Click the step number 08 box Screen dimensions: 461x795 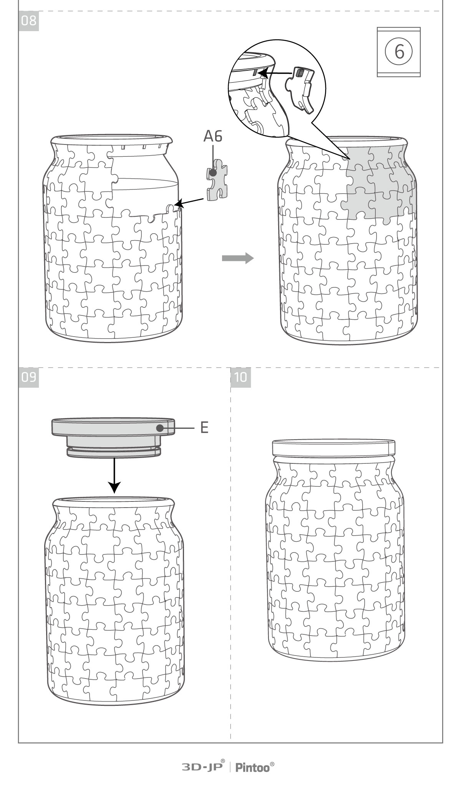coord(28,21)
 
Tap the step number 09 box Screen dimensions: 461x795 coord(28,377)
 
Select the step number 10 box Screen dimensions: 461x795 coord(241,377)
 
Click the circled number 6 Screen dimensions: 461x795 coord(399,51)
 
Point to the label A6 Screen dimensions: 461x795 coord(213,136)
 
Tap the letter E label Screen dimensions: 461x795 coord(204,428)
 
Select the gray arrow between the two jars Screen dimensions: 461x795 coord(238,258)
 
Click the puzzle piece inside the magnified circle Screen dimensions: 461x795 coord(300,90)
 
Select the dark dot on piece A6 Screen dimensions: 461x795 coord(212,173)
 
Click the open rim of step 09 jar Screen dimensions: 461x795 coord(114,502)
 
